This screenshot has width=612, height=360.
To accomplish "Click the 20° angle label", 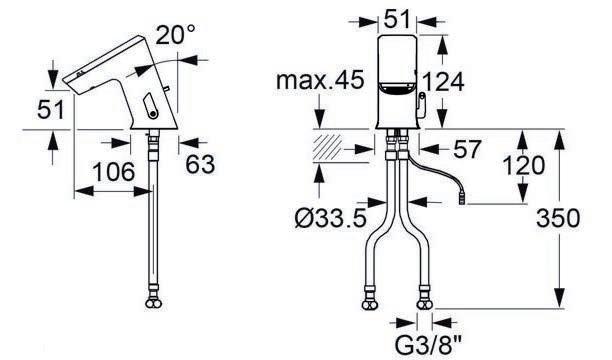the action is (175, 34).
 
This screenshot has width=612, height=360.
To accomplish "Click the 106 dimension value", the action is (114, 172).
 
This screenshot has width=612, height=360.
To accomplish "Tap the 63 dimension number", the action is (200, 164).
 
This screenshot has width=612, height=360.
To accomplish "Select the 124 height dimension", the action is (443, 82).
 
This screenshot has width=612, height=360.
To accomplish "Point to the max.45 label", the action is (320, 80).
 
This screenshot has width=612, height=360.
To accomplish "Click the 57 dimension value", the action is (467, 149).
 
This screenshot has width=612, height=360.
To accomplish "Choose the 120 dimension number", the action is (523, 165).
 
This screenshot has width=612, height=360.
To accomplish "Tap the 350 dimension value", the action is (558, 218).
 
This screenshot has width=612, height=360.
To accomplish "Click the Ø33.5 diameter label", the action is (331, 217).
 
